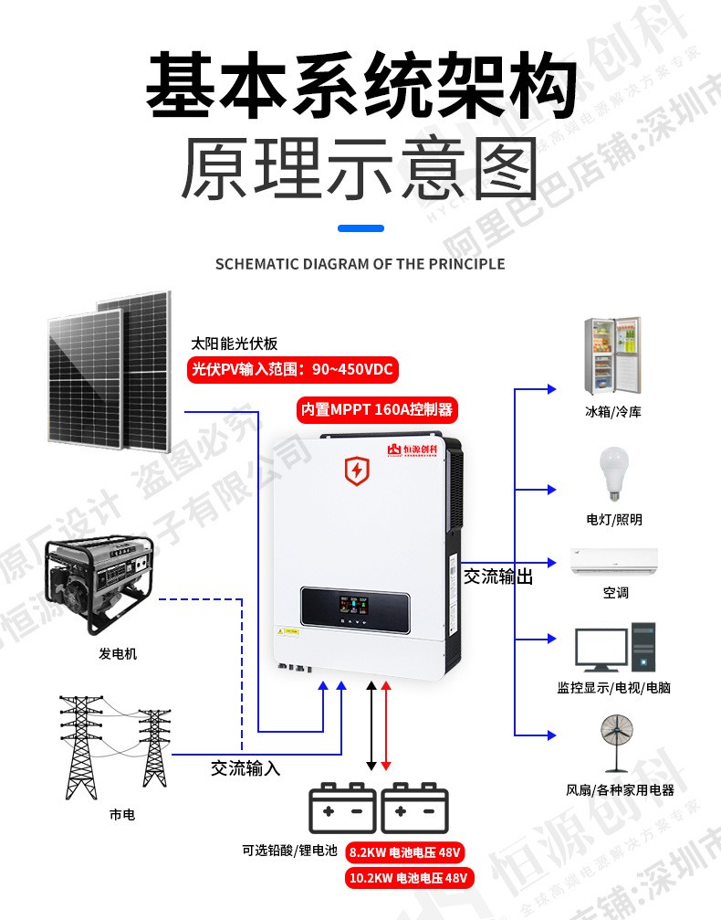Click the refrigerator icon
click(x=613, y=355)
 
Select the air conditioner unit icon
click(x=614, y=561)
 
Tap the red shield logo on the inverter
click(x=355, y=471)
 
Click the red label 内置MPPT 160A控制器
click(x=376, y=409)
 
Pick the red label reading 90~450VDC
click(x=293, y=370)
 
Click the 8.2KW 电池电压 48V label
click(x=406, y=852)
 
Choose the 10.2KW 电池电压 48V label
click(x=409, y=878)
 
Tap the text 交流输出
click(x=497, y=577)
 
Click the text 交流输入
click(x=246, y=768)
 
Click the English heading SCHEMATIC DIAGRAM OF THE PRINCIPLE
click(x=360, y=264)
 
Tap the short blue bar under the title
click(x=360, y=228)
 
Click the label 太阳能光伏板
click(x=234, y=344)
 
